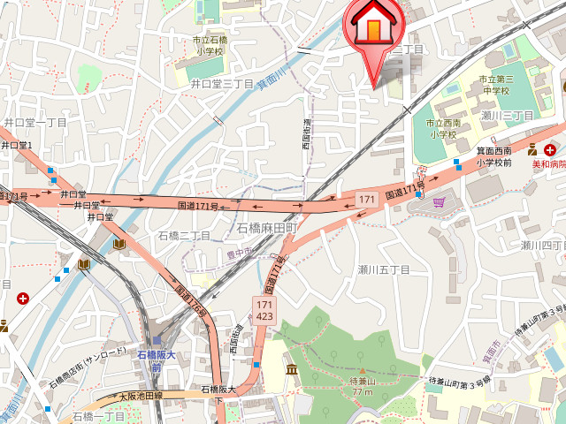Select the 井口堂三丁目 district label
(223, 83)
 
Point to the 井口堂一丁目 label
(35, 123)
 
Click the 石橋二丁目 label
(184, 236)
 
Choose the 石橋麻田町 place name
(266, 228)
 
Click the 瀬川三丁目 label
(508, 116)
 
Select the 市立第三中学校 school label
(495, 85)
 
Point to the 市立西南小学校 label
(440, 129)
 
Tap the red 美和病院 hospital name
(548, 163)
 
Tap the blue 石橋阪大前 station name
(157, 360)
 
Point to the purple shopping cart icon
(440, 202)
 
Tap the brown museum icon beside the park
(291, 368)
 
